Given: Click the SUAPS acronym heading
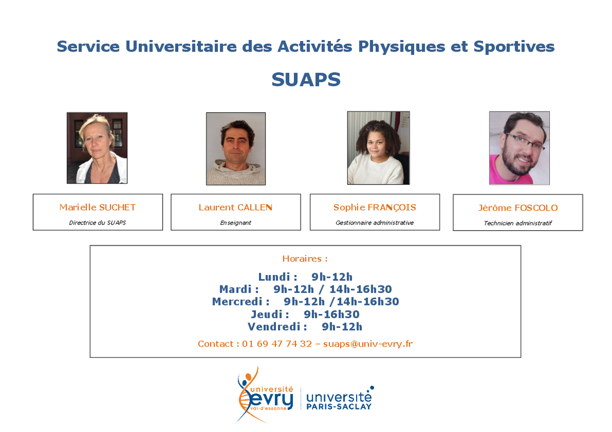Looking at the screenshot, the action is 306,80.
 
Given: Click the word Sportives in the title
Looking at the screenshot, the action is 514,46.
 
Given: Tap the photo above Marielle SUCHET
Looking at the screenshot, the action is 97,148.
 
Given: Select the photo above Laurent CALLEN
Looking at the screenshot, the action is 236,149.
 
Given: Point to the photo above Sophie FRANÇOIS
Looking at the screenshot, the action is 379,148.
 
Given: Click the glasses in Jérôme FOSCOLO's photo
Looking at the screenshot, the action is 525,141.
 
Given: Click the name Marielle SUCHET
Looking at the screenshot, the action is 98,208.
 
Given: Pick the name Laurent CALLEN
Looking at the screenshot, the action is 235,208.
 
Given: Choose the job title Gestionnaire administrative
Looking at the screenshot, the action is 375,223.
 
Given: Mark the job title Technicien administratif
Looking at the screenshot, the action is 518,223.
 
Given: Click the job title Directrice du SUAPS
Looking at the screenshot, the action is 98,223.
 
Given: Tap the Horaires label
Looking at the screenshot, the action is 305,259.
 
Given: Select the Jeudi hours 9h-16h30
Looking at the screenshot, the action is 332,314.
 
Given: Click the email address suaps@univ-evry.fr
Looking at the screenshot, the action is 368,344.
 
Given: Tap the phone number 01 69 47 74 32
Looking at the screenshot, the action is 277,344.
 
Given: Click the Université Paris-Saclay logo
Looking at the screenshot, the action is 340,398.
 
